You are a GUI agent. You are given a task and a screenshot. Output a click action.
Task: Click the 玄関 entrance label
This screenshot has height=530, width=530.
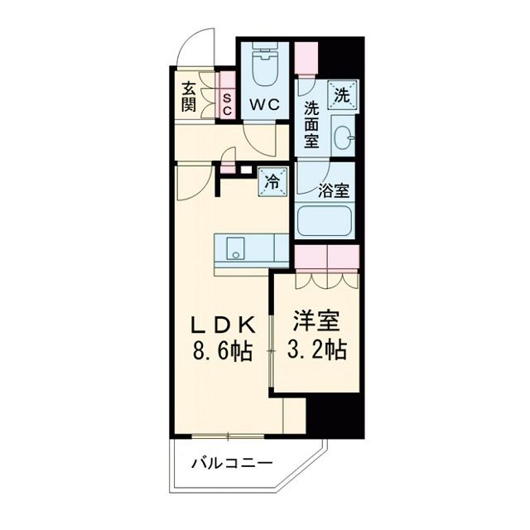click(x=188, y=97)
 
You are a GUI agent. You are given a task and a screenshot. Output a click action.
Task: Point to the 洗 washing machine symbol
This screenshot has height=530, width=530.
click(x=341, y=94)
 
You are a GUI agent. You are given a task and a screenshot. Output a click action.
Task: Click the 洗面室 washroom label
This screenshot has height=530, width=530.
click(x=311, y=124)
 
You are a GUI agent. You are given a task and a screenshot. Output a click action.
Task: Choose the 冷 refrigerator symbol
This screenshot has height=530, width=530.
click(x=272, y=181)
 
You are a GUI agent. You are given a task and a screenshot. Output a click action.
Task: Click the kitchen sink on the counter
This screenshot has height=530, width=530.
click(x=235, y=247)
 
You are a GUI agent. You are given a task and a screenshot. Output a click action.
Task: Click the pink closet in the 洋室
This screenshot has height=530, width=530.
click(x=326, y=258)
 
